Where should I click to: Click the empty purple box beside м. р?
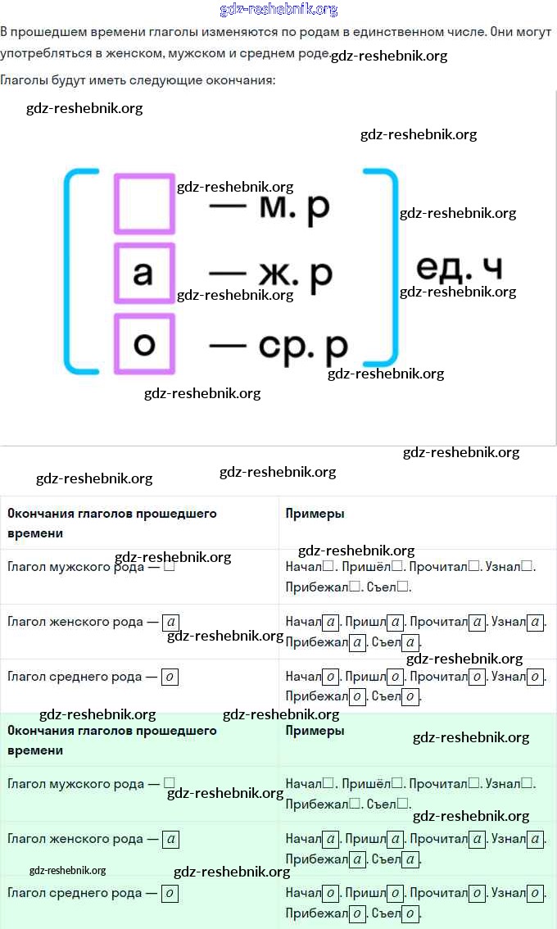pyautogui.click(x=144, y=203)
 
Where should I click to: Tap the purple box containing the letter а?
pyautogui.click(x=144, y=273)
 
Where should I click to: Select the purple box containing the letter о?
pyautogui.click(x=144, y=343)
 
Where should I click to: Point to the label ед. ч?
pyautogui.click(x=459, y=268)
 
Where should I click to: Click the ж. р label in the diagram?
pyautogui.click(x=297, y=274)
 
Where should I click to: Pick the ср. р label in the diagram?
pyautogui.click(x=303, y=347)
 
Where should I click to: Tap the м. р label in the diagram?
pyautogui.click(x=294, y=207)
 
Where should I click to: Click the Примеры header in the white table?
pyautogui.click(x=315, y=514)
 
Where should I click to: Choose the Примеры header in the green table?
pyautogui.click(x=315, y=731)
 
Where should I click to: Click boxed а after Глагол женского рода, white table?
pyautogui.click(x=170, y=623)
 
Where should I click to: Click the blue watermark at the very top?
pyautogui.click(x=278, y=10)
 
